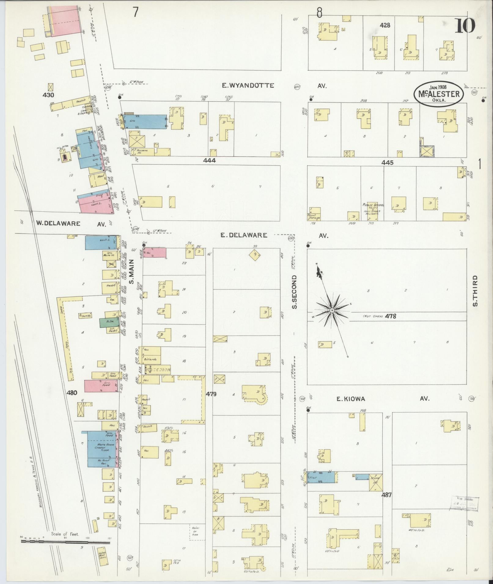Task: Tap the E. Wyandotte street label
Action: (248, 86)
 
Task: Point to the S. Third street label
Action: (475, 291)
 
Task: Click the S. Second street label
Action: (295, 292)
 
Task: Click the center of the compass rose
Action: (332, 310)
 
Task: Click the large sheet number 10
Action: (465, 26)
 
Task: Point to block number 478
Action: (391, 316)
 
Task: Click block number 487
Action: (386, 495)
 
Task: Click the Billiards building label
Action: (150, 359)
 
